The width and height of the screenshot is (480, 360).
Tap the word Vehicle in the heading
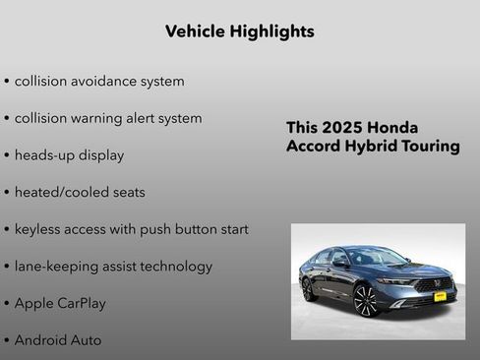pos(194,31)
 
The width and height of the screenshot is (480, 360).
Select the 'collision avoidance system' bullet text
pos(98,81)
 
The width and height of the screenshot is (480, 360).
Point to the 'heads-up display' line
pos(69,155)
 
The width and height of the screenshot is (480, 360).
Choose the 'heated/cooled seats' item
pos(79,192)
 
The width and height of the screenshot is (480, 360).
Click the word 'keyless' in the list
pos(38,229)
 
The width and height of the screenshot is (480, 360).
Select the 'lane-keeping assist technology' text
pos(113,267)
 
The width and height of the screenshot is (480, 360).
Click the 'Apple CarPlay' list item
pos(61,303)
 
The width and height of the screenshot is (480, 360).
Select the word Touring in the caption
pos(431,147)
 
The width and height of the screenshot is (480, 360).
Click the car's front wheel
pos(365,300)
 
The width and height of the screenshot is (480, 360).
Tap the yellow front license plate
pos(440,295)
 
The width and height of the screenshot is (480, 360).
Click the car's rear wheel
pos(308,290)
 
